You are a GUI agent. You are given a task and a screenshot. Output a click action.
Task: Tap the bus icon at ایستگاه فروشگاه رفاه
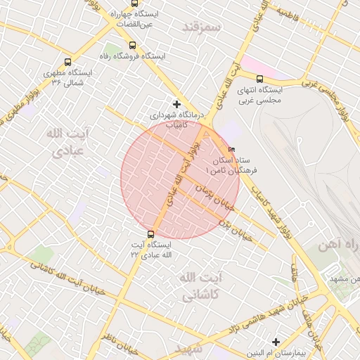click(133, 45)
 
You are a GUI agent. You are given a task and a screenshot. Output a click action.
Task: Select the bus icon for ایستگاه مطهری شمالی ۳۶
click(67, 62)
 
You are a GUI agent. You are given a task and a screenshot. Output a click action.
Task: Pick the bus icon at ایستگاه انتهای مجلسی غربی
click(259, 79)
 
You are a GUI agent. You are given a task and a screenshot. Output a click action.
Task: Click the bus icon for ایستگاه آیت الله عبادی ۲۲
click(150, 234)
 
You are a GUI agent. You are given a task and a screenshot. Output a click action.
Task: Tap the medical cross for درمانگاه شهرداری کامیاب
click(176, 104)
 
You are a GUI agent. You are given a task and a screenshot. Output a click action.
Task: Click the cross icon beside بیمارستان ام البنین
click(275, 342)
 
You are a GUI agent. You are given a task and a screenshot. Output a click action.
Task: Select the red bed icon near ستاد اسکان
click(231, 150)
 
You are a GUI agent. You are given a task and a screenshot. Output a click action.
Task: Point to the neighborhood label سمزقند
click(201, 27)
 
